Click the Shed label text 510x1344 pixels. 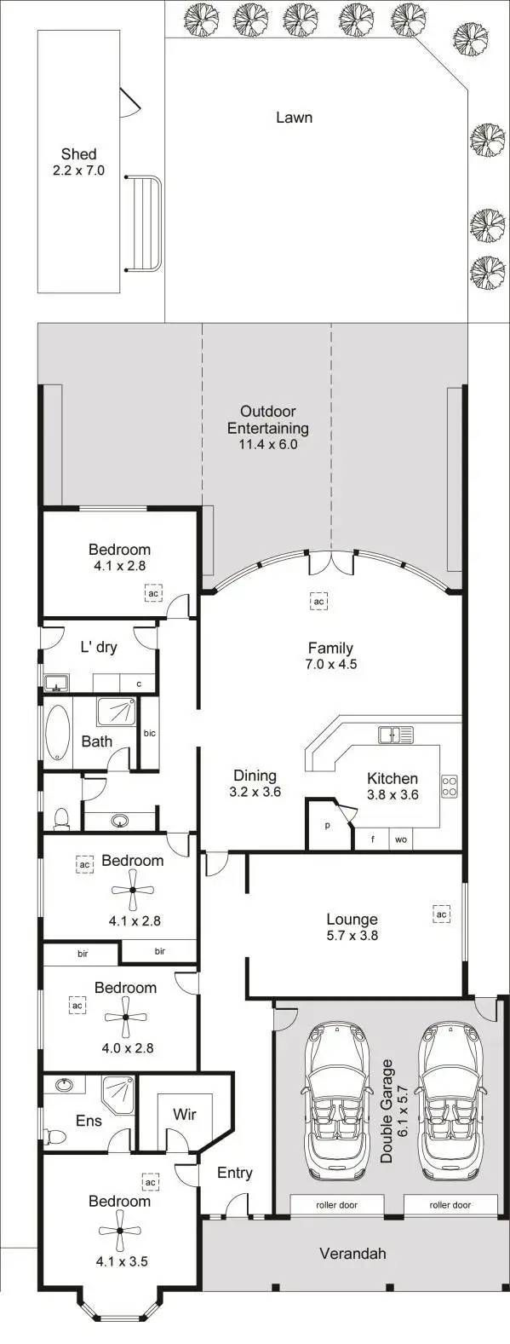[78, 154]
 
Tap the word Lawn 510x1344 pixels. [294, 118]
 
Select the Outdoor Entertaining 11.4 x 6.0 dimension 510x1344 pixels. [268, 444]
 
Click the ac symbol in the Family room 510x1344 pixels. [318, 602]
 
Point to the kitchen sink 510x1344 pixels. [396, 734]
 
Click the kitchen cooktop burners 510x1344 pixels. [449, 786]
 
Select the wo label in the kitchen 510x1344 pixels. [400, 839]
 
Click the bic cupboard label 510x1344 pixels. [149, 733]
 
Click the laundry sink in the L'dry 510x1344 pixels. [57, 683]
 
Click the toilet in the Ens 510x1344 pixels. [56, 1136]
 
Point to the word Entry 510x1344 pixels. [234, 1173]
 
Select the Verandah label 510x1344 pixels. [352, 1253]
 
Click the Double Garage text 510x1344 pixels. [387, 1110]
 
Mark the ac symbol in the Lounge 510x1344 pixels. [440, 914]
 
